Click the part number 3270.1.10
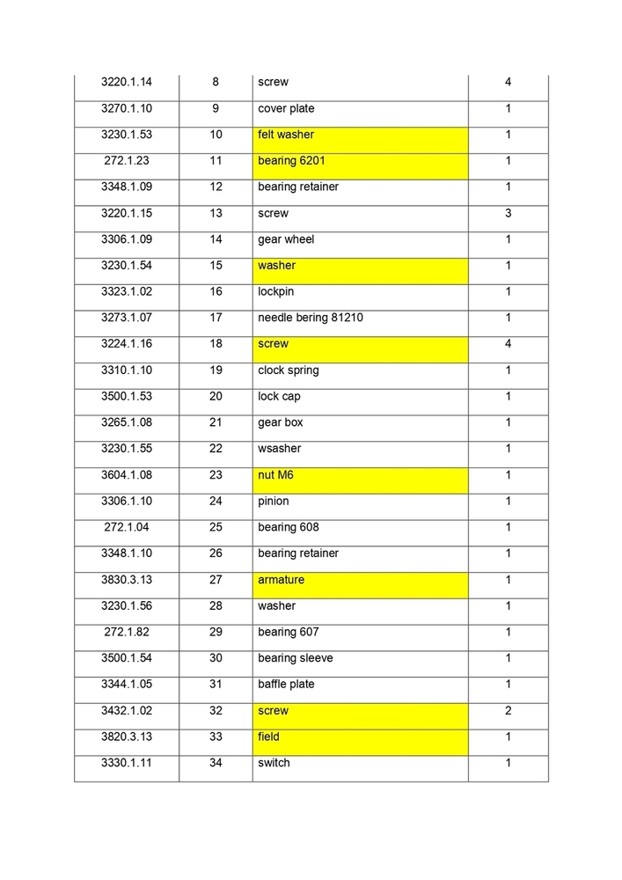coord(127,109)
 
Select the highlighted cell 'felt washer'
coord(360,136)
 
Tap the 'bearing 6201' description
coord(360,162)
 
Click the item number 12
coord(216,187)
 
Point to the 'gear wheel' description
coord(286,239)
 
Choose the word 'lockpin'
coord(276,292)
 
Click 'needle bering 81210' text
coord(311,318)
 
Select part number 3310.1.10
coord(127,370)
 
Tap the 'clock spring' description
coord(289,370)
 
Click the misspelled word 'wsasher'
coord(280,449)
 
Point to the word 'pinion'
coord(274,502)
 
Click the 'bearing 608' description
coord(289,527)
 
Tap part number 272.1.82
coord(127,632)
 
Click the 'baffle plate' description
coord(286,685)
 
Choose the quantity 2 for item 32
coord(509,711)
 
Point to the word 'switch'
coord(274,763)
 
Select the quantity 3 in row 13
coord(509,214)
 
